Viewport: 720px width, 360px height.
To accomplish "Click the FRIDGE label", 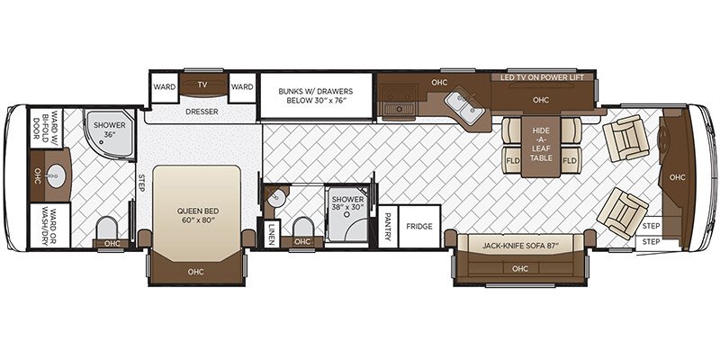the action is pyautogui.click(x=419, y=227).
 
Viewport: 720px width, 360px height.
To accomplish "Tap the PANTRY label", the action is pyautogui.click(x=388, y=227).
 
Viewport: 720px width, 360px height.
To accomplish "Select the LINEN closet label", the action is pyautogui.click(x=272, y=234).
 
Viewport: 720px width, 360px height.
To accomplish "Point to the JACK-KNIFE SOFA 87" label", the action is pyautogui.click(x=521, y=246).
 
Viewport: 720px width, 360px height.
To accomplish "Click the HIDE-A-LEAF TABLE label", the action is pyautogui.click(x=541, y=144).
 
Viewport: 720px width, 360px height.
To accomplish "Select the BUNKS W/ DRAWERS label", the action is pyautogui.click(x=316, y=95).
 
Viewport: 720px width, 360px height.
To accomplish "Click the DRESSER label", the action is pyautogui.click(x=202, y=112).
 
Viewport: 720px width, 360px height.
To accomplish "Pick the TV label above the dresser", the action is pyautogui.click(x=202, y=85).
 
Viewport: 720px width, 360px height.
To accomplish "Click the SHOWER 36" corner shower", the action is pyautogui.click(x=109, y=133).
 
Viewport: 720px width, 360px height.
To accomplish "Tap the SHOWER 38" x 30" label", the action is pyautogui.click(x=348, y=203).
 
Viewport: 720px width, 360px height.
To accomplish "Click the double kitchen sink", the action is pyautogui.click(x=464, y=107).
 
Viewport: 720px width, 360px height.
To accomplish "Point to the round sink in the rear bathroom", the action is pyautogui.click(x=57, y=175).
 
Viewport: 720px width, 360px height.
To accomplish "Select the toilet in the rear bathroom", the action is pyautogui.click(x=106, y=228).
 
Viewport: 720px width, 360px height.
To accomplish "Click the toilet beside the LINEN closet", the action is pyautogui.click(x=303, y=228).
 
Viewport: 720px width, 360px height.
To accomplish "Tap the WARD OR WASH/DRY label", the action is pyautogui.click(x=49, y=226).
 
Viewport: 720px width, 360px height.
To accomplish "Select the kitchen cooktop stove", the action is pyautogui.click(x=398, y=101).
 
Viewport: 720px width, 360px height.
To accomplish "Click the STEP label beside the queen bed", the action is pyautogui.click(x=141, y=184).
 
